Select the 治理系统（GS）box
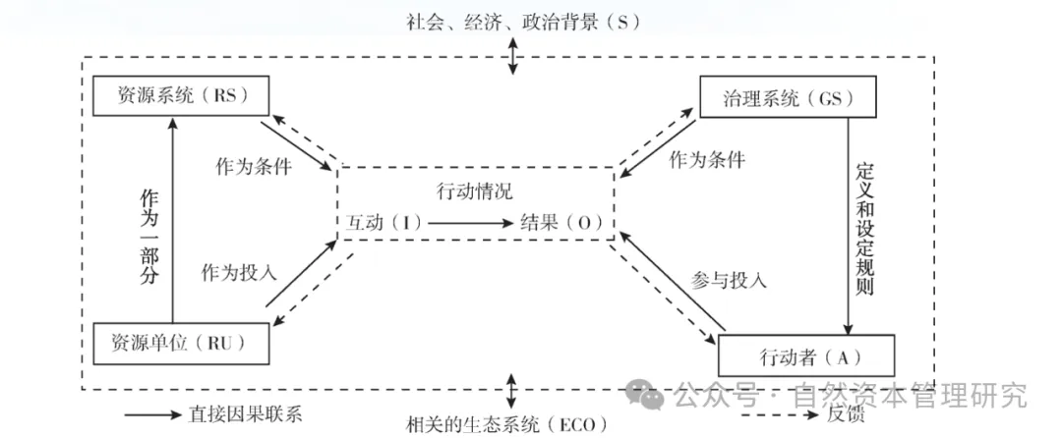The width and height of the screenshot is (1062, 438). [777, 98]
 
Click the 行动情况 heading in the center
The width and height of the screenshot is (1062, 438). [474, 191]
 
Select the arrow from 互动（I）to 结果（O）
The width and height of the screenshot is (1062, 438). [470, 224]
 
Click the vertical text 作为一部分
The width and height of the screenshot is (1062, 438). [147, 232]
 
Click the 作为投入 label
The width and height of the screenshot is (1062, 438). [238, 271]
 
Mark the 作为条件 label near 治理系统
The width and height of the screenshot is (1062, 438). [706, 159]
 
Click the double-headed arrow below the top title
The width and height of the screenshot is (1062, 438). [511, 57]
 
